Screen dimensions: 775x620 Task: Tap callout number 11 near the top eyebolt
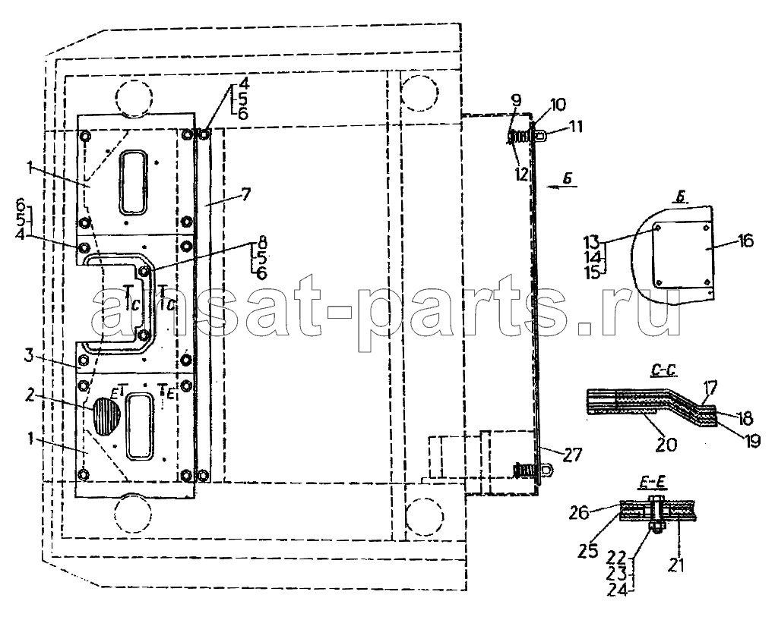[574, 127]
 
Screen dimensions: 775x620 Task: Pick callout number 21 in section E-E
[676, 565]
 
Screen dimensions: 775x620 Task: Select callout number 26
[579, 513]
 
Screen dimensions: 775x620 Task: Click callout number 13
[592, 241]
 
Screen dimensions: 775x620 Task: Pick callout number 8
[261, 242]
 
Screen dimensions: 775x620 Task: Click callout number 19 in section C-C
[751, 440]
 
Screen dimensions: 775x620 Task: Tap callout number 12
[522, 174]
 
